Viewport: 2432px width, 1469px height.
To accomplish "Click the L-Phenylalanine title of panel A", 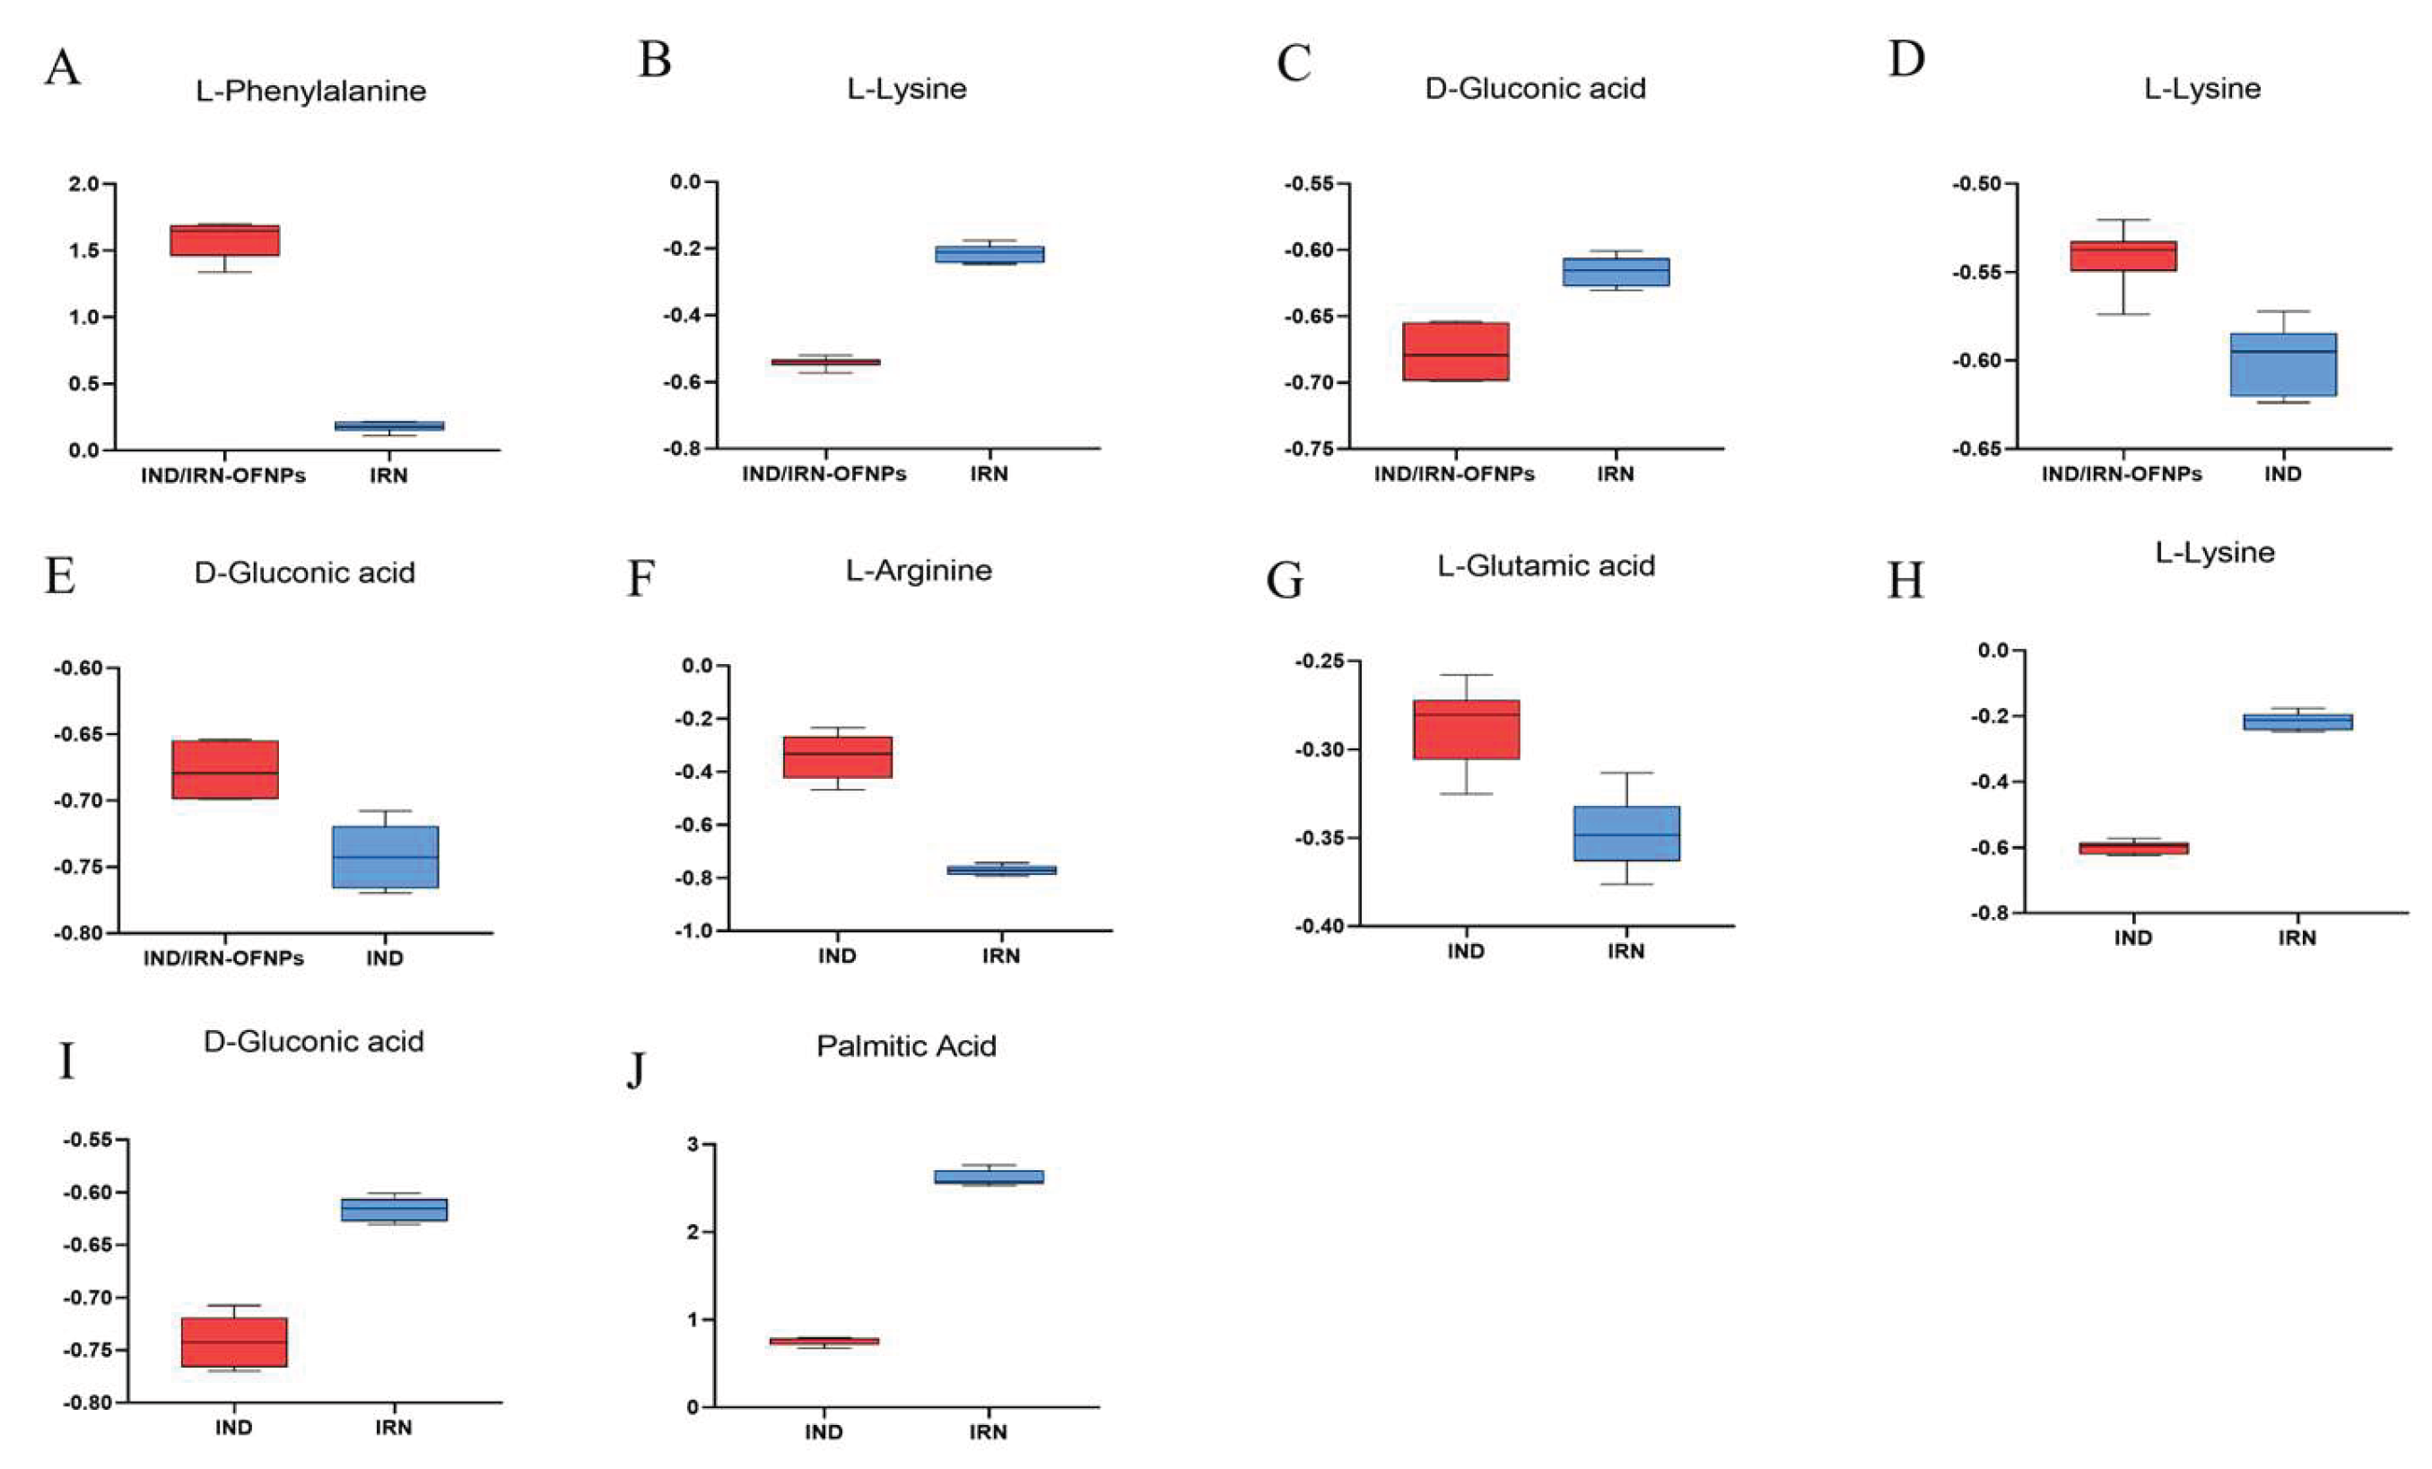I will tap(311, 91).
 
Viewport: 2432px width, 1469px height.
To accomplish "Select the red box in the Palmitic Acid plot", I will tap(824, 1341).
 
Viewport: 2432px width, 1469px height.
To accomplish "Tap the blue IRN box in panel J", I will tap(988, 1176).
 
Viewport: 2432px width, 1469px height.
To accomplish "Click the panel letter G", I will tap(1286, 581).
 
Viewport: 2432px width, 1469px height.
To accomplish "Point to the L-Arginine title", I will tap(918, 571).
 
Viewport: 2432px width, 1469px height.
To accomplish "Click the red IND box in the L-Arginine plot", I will tap(837, 757).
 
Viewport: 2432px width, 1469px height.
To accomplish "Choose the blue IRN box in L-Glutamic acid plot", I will tap(1626, 834).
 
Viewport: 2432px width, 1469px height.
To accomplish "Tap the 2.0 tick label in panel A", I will tap(84, 185).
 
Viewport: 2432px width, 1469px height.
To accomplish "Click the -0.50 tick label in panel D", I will tap(1976, 185).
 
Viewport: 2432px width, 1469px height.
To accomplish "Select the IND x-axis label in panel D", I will tap(2283, 474).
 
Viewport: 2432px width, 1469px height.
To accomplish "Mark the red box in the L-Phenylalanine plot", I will tap(224, 240).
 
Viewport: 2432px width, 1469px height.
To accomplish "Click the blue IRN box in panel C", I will tap(1616, 272).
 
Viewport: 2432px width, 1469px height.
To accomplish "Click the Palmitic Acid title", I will tap(905, 1046).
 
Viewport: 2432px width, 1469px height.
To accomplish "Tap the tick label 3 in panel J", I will tap(693, 1145).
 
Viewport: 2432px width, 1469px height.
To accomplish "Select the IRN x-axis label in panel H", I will tap(2297, 938).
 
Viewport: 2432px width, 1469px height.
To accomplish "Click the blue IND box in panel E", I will tap(385, 857).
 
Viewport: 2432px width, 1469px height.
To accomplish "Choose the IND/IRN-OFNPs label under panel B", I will tap(824, 474).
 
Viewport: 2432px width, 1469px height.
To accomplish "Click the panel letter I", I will tap(66, 1062).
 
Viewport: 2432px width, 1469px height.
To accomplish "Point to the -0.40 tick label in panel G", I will tap(1318, 926).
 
